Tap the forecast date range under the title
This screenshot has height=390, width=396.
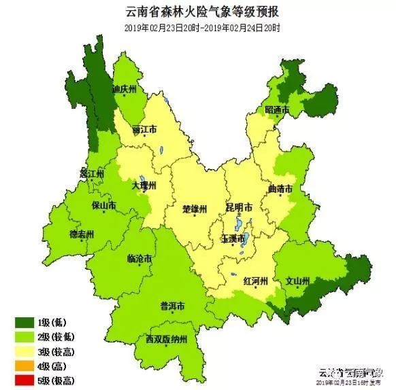click(202, 27)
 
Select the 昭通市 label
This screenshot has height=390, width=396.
click(278, 110)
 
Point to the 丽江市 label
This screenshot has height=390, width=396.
click(145, 128)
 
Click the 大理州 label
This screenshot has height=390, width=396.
click(144, 185)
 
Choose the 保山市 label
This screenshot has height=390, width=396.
click(103, 205)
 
